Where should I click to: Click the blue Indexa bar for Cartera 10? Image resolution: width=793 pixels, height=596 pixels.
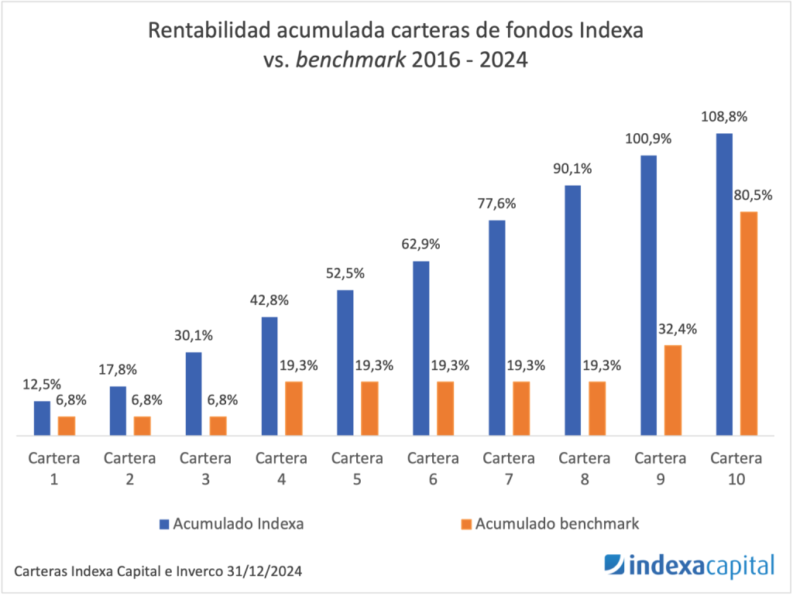click(x=724, y=285)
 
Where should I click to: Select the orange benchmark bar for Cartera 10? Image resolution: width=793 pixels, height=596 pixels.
click(x=748, y=324)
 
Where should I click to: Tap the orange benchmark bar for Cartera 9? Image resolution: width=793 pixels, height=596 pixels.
click(x=672, y=390)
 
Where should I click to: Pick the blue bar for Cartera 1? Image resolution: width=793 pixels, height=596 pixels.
click(x=42, y=419)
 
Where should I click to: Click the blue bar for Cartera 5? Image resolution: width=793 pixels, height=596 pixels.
click(x=345, y=363)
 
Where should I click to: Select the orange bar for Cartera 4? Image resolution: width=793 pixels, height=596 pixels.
click(x=294, y=409)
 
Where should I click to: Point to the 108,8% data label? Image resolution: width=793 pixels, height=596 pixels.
click(x=725, y=118)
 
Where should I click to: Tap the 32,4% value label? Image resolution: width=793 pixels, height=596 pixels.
click(x=676, y=328)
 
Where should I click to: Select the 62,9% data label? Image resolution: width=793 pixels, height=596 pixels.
click(x=421, y=245)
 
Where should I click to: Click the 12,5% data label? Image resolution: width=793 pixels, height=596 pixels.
click(x=42, y=385)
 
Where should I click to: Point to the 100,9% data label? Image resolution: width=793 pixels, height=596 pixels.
click(x=648, y=139)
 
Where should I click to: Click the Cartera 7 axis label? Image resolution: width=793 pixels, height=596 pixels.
click(x=509, y=468)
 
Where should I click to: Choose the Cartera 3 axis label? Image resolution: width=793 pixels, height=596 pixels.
click(x=205, y=468)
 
